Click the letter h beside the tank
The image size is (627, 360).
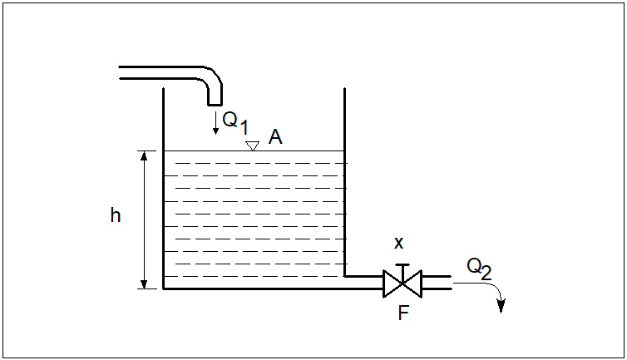click(116, 216)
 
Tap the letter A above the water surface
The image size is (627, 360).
click(275, 137)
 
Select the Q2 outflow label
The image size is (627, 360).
click(479, 268)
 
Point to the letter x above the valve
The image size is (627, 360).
click(398, 243)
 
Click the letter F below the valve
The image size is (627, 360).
click(403, 313)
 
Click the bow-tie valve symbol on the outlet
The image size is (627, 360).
click(402, 284)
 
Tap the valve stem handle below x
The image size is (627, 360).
click(402, 266)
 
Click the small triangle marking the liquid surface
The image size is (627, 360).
click(252, 145)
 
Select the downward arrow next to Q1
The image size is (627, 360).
click(215, 123)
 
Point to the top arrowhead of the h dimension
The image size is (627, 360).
click(144, 155)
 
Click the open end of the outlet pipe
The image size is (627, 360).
click(450, 284)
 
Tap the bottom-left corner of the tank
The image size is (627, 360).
click(164, 288)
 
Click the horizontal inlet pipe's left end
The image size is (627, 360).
click(121, 72)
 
